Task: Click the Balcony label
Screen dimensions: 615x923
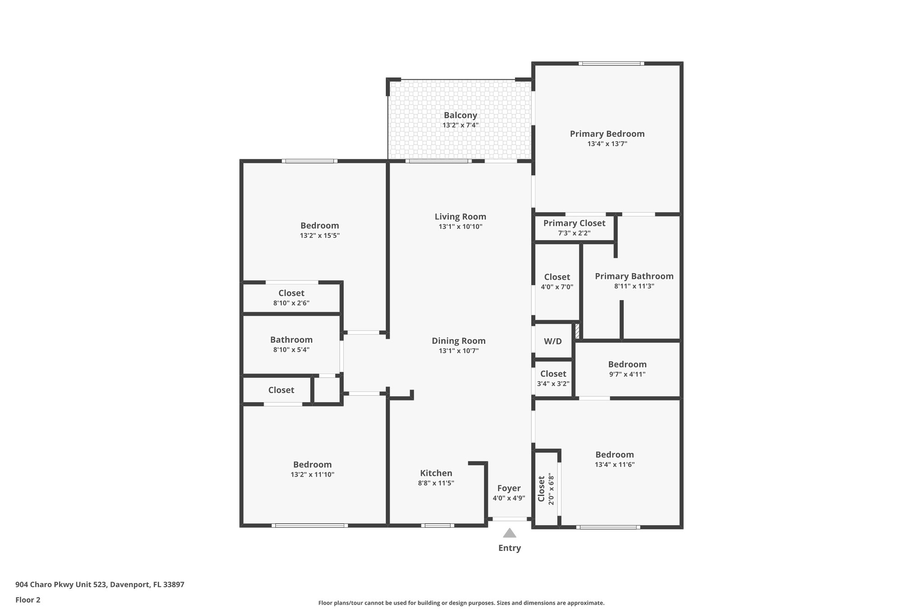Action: (460, 115)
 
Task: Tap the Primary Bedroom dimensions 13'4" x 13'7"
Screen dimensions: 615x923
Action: (607, 144)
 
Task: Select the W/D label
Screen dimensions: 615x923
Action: (553, 342)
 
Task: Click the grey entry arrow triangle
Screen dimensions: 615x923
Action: (509, 533)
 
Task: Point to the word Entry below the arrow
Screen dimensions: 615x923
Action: (509, 548)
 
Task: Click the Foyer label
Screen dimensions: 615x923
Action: (509, 488)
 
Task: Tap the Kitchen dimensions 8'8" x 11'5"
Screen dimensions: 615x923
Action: (436, 483)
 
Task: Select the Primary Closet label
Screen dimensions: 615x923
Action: (574, 223)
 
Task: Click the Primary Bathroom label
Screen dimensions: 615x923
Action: (634, 276)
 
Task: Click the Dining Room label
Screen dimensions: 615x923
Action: (458, 341)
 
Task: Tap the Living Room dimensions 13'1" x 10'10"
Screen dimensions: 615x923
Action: (460, 227)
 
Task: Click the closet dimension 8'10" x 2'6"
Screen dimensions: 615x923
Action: (291, 303)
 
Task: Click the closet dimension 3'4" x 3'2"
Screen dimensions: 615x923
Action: (553, 384)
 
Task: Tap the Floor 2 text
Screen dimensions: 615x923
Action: (28, 600)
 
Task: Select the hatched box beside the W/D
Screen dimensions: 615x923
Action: (577, 331)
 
